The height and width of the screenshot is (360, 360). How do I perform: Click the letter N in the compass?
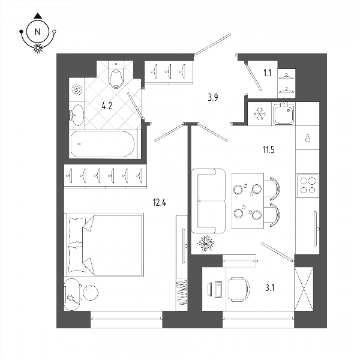pos(37,31)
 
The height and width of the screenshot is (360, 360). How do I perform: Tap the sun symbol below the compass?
pos(38,48)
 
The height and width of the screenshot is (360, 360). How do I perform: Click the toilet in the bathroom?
pos(116,76)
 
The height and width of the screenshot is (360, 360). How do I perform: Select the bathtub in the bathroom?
pos(103,144)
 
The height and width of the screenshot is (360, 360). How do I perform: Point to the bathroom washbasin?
pos(77,115)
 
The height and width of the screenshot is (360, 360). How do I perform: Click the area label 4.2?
pos(107,106)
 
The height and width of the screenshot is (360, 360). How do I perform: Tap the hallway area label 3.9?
pos(213,98)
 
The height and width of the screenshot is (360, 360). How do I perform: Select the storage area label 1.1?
pos(267,73)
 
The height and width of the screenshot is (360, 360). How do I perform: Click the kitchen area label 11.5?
pos(268,150)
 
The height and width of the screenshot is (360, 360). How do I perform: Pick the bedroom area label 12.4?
pos(160,203)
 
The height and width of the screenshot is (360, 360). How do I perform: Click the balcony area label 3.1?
pos(270,287)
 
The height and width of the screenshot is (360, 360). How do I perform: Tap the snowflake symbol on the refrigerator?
pos(260,113)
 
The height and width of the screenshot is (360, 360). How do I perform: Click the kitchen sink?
pos(284,113)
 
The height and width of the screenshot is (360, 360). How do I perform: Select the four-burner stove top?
pos(308,186)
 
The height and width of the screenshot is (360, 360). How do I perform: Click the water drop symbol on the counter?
pos(308,138)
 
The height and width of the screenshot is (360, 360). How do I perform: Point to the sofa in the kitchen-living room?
pos(208,201)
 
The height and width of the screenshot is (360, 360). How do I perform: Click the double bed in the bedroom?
pos(105,245)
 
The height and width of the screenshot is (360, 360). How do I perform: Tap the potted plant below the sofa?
pos(205,244)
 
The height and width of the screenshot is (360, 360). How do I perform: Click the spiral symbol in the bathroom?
pos(77,90)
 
